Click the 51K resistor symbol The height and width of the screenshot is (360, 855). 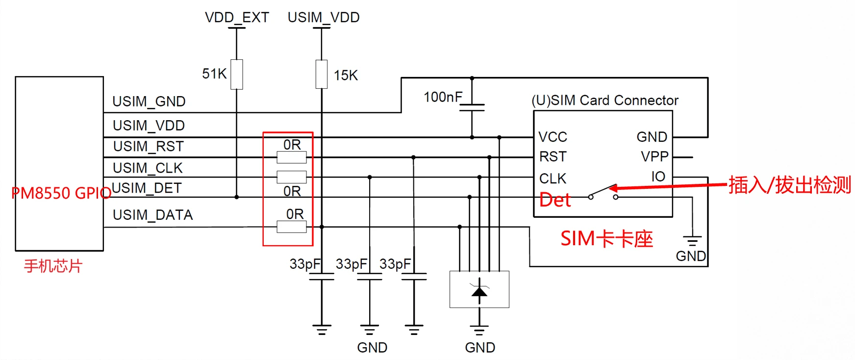click(x=237, y=75)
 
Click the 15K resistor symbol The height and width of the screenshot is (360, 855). click(x=322, y=75)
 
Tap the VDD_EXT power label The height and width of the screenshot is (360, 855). click(x=237, y=18)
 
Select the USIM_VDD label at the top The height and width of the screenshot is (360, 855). click(x=324, y=18)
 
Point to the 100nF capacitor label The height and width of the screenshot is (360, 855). click(x=443, y=97)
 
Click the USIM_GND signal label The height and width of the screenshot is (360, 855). click(x=149, y=102)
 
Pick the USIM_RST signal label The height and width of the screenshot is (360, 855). click(x=148, y=147)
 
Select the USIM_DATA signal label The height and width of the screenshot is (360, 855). click(x=152, y=215)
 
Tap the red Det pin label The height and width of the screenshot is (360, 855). click(x=555, y=200)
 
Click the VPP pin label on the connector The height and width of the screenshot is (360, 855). click(x=654, y=157)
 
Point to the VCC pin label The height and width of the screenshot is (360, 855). click(x=553, y=137)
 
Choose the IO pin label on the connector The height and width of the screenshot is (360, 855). click(x=658, y=177)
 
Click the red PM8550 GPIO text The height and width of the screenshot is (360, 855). click(x=61, y=193)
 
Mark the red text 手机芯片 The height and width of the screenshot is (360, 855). click(x=53, y=266)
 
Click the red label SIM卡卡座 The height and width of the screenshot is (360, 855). click(x=606, y=239)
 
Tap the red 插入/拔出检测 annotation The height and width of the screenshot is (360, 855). click(x=789, y=185)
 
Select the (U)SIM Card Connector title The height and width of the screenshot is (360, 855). click(x=605, y=101)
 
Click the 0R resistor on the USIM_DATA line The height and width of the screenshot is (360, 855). click(x=292, y=227)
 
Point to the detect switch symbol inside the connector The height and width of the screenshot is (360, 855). click(x=603, y=192)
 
